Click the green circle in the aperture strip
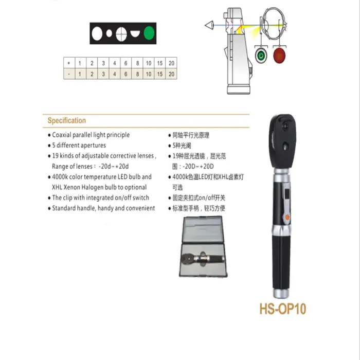coord(149,34)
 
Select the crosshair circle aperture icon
coord(122,34)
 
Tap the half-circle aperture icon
coord(135,34)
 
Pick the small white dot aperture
coord(109,34)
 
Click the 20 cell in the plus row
coord(171,63)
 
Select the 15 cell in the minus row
coord(160,74)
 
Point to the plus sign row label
coord(69,63)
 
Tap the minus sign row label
coord(69,74)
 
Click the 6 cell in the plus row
coord(126,63)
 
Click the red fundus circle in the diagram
coord(280,55)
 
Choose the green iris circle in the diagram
coord(261,55)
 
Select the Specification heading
coord(67,121)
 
